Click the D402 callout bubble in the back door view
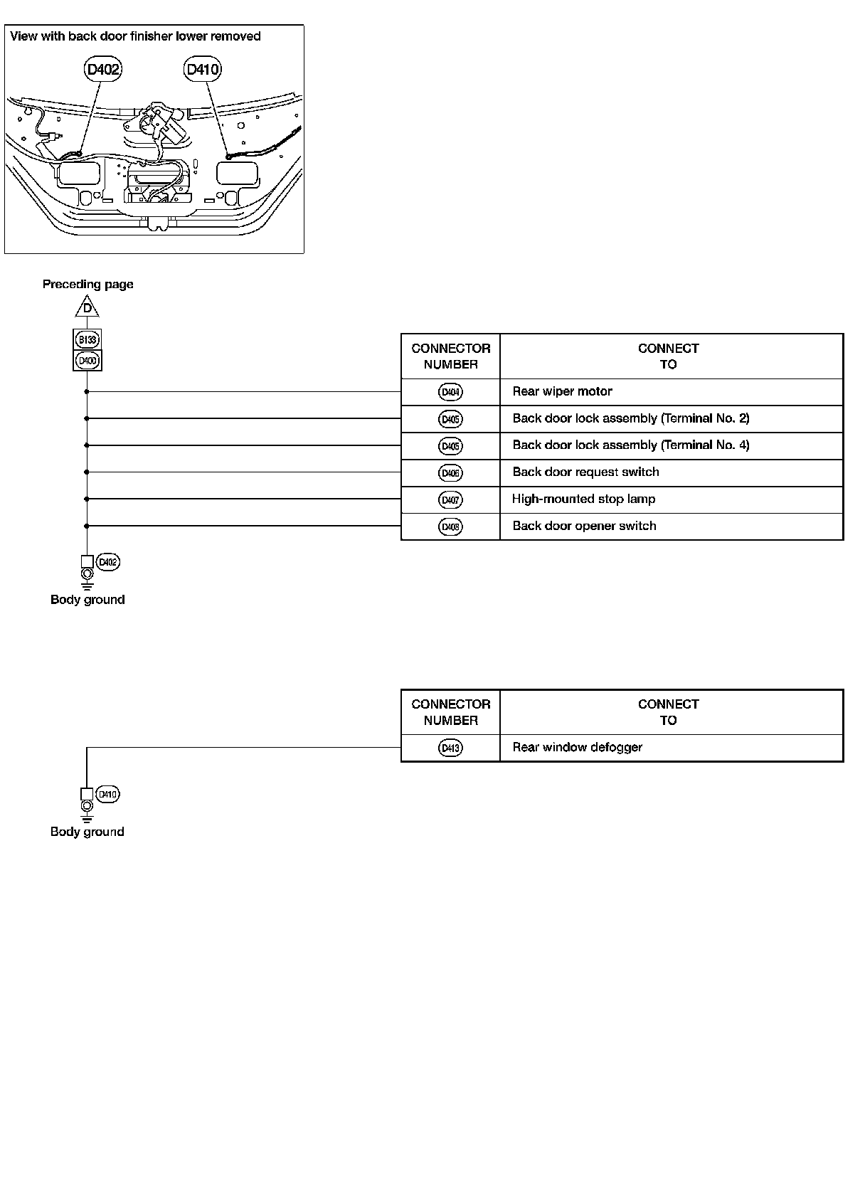click(103, 69)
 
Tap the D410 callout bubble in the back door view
click(203, 69)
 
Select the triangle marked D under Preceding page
click(87, 308)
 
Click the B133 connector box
click(87, 339)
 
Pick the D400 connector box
click(87, 360)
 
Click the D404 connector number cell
click(450, 392)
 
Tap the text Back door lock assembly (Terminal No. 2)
click(631, 418)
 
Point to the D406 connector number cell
click(450, 473)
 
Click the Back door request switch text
click(585, 472)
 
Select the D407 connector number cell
click(450, 500)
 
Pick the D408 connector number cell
click(450, 527)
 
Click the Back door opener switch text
click(584, 526)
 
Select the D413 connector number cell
click(450, 748)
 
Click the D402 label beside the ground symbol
click(107, 562)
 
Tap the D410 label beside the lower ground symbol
click(107, 794)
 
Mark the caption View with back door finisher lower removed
click(135, 36)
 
